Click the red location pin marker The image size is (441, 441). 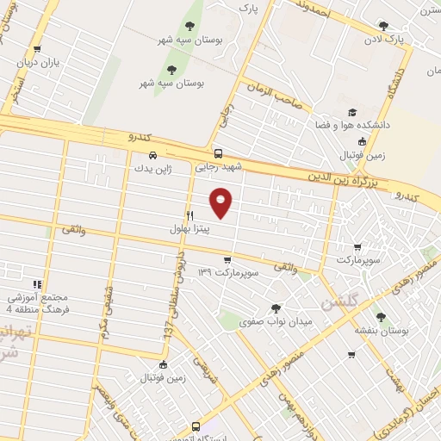pyautogui.click(x=221, y=202)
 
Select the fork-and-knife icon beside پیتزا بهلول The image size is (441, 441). pyautogui.click(x=189, y=214)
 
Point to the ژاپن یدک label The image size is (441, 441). pyautogui.click(x=153, y=170)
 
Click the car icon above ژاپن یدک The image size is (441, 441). pyautogui.click(x=152, y=156)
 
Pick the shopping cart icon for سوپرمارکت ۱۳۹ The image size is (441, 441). pyautogui.click(x=227, y=259)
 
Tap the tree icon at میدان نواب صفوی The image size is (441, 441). pyautogui.click(x=276, y=307)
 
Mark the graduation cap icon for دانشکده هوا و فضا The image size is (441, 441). pyautogui.click(x=352, y=112)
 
